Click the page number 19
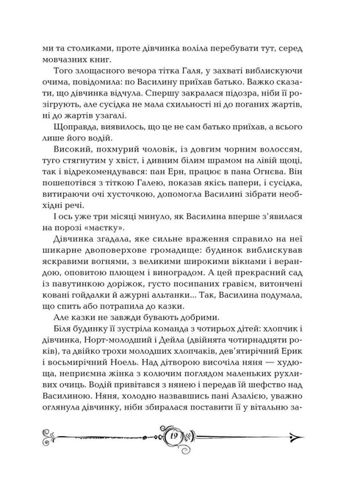click(181, 437)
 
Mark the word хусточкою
click(140, 214)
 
